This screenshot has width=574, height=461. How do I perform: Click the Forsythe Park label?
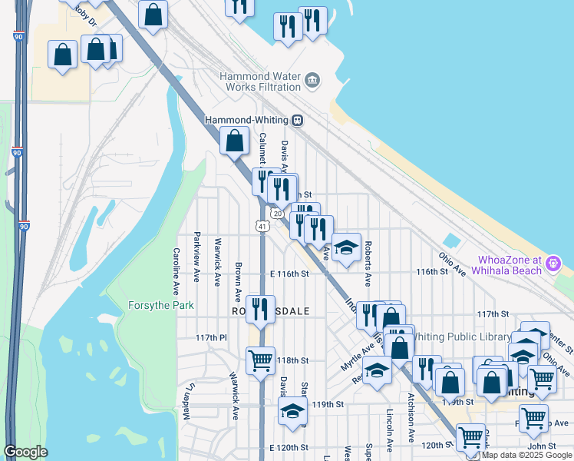coord(161,305)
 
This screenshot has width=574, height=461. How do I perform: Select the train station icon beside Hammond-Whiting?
coord(296,120)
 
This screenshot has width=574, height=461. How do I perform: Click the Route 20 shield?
coord(276,213)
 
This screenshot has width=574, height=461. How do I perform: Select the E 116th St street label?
coord(289,274)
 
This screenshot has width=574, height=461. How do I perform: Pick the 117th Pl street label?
coord(211,338)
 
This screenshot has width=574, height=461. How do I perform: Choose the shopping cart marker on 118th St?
coord(260,360)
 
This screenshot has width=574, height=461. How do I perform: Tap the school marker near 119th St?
coord(292,411)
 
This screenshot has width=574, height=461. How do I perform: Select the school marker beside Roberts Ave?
coord(346,247)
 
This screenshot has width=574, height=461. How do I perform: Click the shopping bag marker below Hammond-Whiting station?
coord(234,141)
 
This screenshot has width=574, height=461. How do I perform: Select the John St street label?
coord(541,446)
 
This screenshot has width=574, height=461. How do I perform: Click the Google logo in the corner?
coord(27,452)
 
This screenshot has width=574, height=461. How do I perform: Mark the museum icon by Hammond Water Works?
coord(312,79)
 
